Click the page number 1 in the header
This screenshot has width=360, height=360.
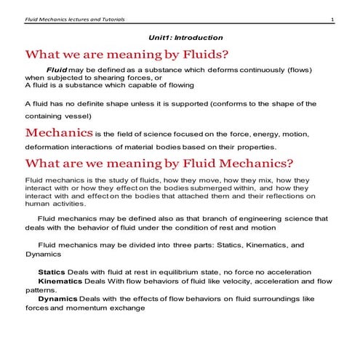332,20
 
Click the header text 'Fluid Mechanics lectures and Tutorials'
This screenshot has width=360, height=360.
72,20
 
